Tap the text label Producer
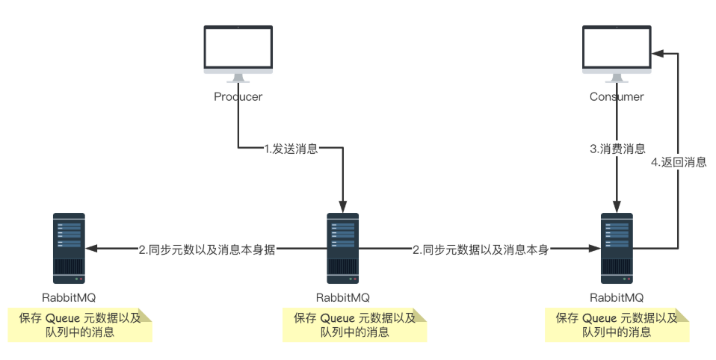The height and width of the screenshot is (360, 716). (x=238, y=96)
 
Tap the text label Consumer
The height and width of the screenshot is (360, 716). (x=617, y=96)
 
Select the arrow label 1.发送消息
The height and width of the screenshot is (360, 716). (x=291, y=149)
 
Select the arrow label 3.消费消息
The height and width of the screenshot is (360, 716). (x=617, y=149)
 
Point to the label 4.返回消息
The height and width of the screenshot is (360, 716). (x=679, y=161)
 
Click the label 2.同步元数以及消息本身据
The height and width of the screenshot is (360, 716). (x=207, y=250)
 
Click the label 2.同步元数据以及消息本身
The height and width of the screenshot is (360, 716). (x=481, y=250)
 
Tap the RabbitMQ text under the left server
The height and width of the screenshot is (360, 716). (x=69, y=297)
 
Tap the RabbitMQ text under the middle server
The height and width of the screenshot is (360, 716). (x=342, y=297)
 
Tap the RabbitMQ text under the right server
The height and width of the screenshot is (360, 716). (x=617, y=297)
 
